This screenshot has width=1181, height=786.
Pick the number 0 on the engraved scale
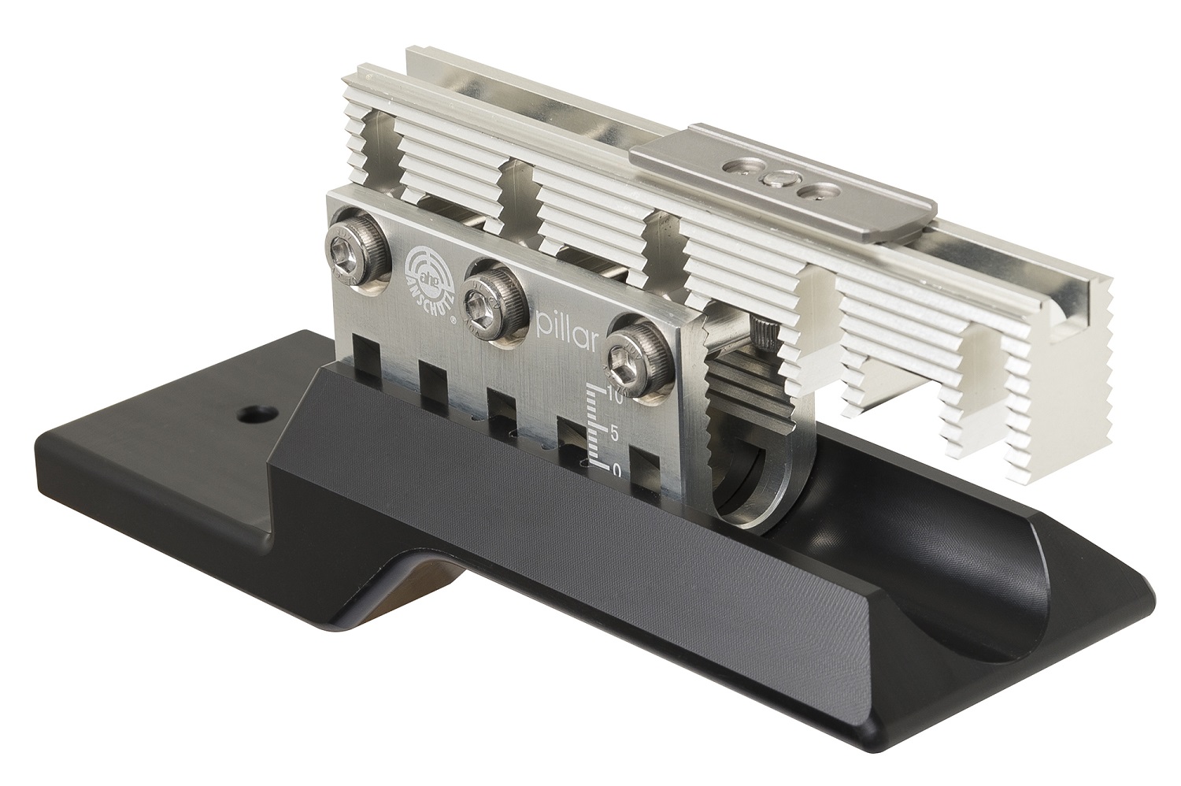pos(616,469)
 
